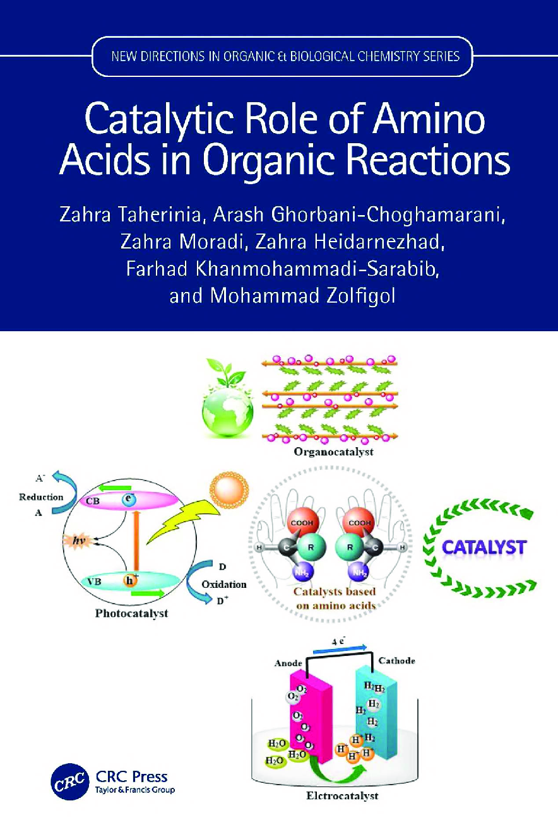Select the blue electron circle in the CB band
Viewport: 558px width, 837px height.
(x=128, y=500)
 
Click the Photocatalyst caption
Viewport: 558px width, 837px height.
(x=131, y=612)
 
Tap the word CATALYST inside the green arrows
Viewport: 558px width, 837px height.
(x=483, y=546)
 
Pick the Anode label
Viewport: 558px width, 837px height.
(x=289, y=663)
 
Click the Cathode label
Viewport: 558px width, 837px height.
(x=396, y=660)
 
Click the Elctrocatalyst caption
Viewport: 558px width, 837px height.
(x=343, y=795)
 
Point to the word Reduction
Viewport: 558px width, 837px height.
(x=41, y=496)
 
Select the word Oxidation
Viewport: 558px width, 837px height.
(x=223, y=584)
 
